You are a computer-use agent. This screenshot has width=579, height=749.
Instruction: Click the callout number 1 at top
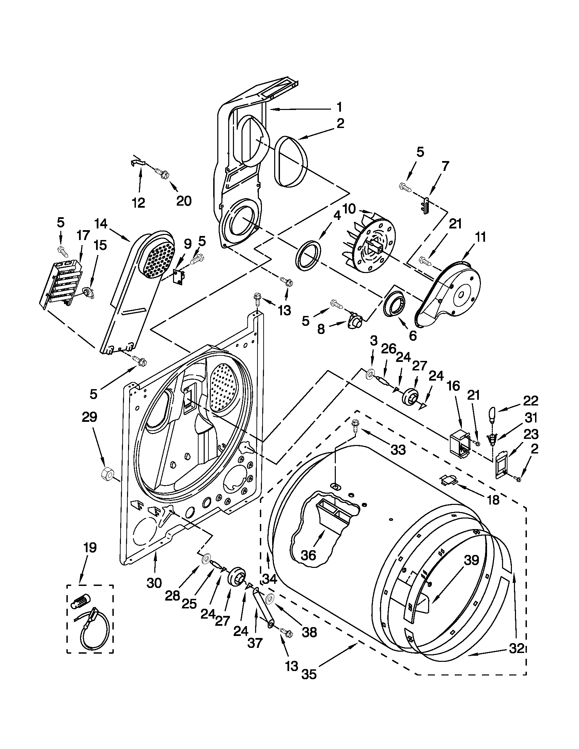tap(339, 107)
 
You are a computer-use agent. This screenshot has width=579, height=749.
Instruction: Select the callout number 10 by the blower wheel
tap(348, 209)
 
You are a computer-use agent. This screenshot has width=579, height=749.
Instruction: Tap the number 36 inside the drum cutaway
tap(308, 555)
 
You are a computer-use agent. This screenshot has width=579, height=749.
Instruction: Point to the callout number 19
tap(90, 548)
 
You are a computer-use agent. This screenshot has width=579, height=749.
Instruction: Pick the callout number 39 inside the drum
tap(471, 560)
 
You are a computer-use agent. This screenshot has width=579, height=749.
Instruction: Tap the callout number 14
tap(101, 225)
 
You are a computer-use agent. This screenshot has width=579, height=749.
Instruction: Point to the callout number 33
tap(398, 450)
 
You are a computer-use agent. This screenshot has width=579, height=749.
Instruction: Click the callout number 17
tap(83, 236)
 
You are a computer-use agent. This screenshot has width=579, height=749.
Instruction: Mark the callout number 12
tap(139, 203)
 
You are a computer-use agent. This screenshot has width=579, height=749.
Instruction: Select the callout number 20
tap(184, 201)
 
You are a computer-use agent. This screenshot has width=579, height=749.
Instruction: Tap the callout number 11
tap(480, 237)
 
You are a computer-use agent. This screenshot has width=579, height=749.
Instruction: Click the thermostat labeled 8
tap(354, 322)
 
